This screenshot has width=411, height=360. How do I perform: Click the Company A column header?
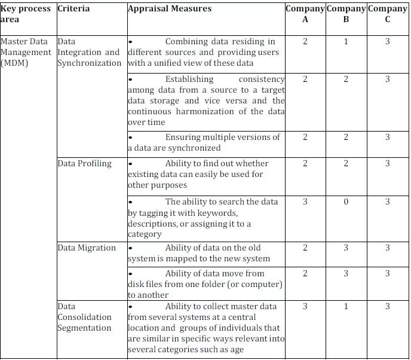click(305, 14)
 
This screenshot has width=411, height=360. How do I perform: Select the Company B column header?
click(346, 14)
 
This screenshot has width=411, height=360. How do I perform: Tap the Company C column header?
click(388, 14)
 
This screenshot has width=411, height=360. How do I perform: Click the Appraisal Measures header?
click(170, 9)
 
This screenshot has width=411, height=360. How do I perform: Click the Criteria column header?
click(74, 9)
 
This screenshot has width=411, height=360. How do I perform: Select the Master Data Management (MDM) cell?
click(27, 53)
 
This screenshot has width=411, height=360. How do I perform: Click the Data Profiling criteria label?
click(84, 163)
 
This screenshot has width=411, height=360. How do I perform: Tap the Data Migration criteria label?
click(87, 248)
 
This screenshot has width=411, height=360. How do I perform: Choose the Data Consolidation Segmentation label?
click(84, 317)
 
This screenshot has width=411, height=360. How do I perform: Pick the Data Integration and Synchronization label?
click(89, 53)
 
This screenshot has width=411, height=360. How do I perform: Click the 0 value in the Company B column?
click(346, 202)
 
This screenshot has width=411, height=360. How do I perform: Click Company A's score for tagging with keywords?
click(305, 202)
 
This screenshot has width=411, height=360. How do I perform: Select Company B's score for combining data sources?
click(346, 42)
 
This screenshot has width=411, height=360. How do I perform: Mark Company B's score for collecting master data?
click(346, 307)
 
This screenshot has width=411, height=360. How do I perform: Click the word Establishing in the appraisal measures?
click(189, 79)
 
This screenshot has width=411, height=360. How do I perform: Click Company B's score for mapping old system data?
click(346, 248)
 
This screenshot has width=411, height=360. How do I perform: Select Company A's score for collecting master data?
click(305, 307)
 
